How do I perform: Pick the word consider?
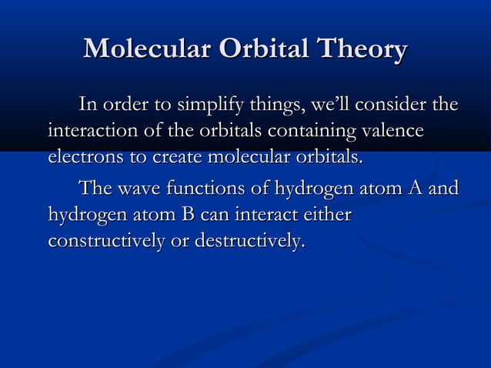(399, 103)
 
